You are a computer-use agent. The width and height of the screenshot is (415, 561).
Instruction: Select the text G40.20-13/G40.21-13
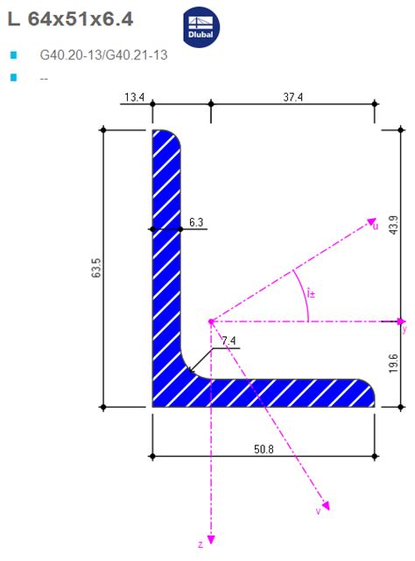tap(103, 55)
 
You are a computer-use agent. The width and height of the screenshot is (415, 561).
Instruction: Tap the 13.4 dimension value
tap(134, 97)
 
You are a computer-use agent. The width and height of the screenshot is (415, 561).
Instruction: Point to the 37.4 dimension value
tap(292, 97)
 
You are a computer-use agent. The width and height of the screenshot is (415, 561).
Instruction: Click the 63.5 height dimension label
tap(95, 269)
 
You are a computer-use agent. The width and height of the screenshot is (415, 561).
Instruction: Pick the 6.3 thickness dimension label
tap(196, 223)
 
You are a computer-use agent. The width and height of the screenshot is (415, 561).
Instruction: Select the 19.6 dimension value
tap(393, 364)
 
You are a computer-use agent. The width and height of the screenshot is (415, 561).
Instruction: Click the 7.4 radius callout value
tap(229, 340)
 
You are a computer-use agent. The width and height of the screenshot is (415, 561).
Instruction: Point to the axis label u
tap(376, 227)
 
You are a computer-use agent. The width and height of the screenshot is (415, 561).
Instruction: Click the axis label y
tap(404, 330)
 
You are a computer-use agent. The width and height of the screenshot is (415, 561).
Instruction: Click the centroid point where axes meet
tap(210, 321)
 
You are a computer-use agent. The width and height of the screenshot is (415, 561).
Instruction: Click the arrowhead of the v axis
tap(326, 505)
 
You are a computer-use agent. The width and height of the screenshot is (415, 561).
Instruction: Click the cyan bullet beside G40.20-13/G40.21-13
tap(13, 55)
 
